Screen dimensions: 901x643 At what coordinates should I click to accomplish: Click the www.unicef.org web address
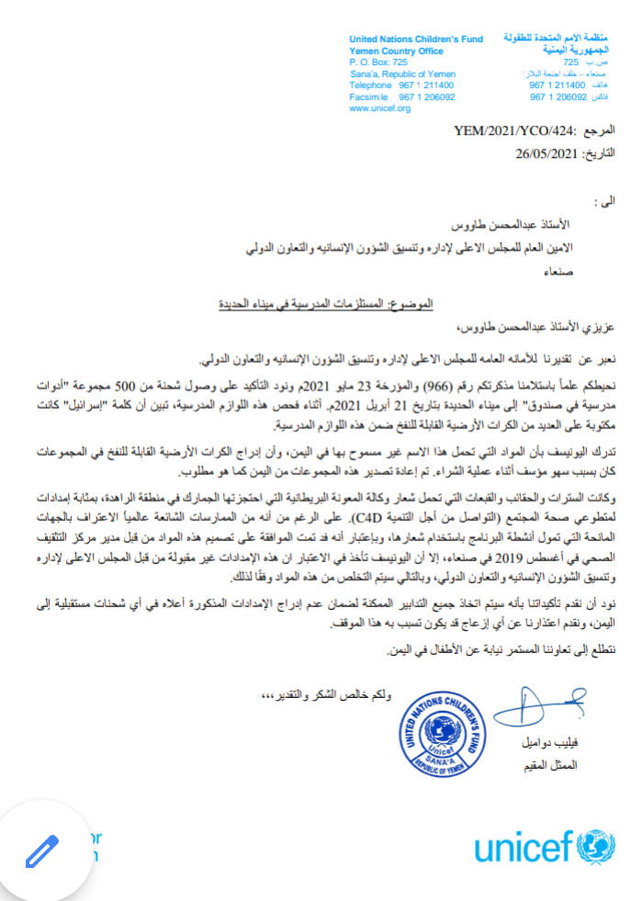(379, 108)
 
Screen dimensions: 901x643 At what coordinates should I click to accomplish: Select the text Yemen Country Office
(397, 51)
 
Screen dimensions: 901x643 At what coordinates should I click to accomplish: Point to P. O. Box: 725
(378, 62)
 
